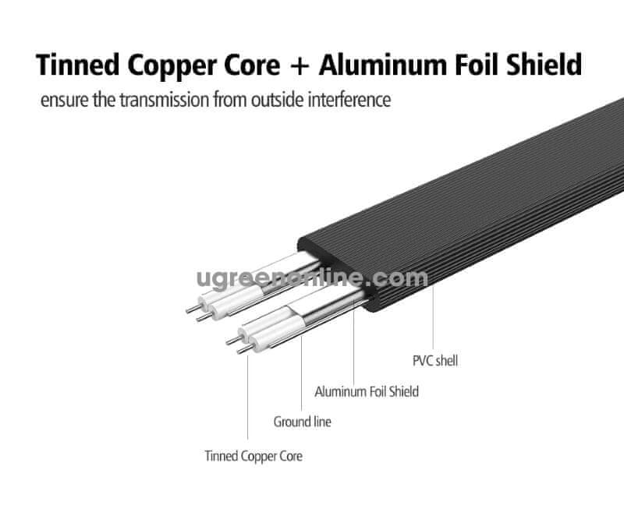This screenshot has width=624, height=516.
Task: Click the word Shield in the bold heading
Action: tap(547, 65)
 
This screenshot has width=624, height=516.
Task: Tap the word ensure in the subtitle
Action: tap(65, 101)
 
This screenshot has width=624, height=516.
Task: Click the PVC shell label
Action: tap(434, 361)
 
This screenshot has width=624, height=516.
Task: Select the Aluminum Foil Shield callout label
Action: tap(366, 391)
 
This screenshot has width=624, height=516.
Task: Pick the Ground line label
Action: tap(302, 422)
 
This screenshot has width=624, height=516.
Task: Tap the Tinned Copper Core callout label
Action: tap(253, 455)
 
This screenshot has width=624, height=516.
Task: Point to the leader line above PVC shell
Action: tap(434, 327)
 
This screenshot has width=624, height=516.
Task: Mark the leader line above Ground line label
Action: tap(302, 366)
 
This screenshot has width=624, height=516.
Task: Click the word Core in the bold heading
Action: tap(252, 65)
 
